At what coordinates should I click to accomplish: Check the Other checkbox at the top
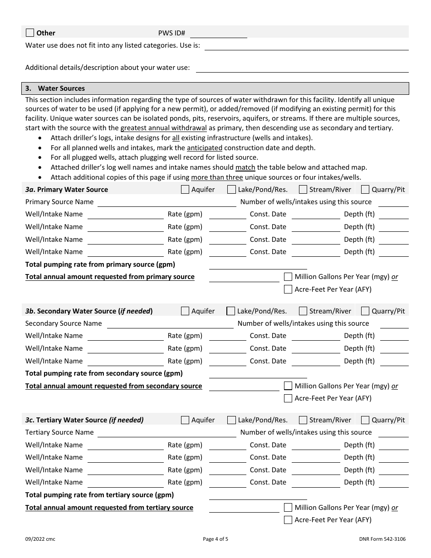[x=30, y=33]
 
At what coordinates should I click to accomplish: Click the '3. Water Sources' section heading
[x=61, y=88]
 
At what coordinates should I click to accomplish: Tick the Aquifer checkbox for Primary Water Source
[x=185, y=190]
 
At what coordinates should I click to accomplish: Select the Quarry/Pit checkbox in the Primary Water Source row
[x=365, y=190]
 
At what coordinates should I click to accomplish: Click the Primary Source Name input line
[x=167, y=202]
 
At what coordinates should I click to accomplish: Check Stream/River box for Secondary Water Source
[x=303, y=311]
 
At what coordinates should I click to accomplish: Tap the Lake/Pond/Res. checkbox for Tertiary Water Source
[x=231, y=420]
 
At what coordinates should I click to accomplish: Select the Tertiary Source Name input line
[x=167, y=433]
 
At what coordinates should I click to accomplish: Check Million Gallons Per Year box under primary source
[x=288, y=277]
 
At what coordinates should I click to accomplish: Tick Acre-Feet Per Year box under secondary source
[x=288, y=398]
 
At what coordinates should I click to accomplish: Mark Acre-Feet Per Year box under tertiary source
[x=288, y=520]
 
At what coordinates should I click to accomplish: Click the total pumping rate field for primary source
[x=258, y=265]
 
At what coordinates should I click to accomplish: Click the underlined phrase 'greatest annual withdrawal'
[x=163, y=128]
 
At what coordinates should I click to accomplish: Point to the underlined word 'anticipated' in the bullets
[x=205, y=148]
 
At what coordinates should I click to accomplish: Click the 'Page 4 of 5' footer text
[x=215, y=539]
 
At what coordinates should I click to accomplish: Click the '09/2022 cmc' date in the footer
[x=40, y=539]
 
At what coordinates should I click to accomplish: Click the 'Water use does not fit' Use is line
[x=307, y=46]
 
